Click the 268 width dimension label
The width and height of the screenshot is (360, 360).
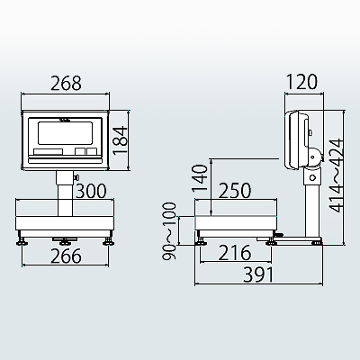point(66,83)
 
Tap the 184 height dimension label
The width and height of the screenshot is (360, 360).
point(121,140)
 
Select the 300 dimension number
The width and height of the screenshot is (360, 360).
point(91,191)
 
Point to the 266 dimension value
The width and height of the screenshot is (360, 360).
point(66,256)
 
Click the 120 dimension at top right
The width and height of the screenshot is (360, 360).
point(301,82)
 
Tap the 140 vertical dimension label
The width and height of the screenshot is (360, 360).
point(200,178)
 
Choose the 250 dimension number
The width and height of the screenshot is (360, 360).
point(235,191)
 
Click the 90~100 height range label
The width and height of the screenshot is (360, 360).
point(168,231)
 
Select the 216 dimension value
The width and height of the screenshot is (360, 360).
point(234,253)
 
